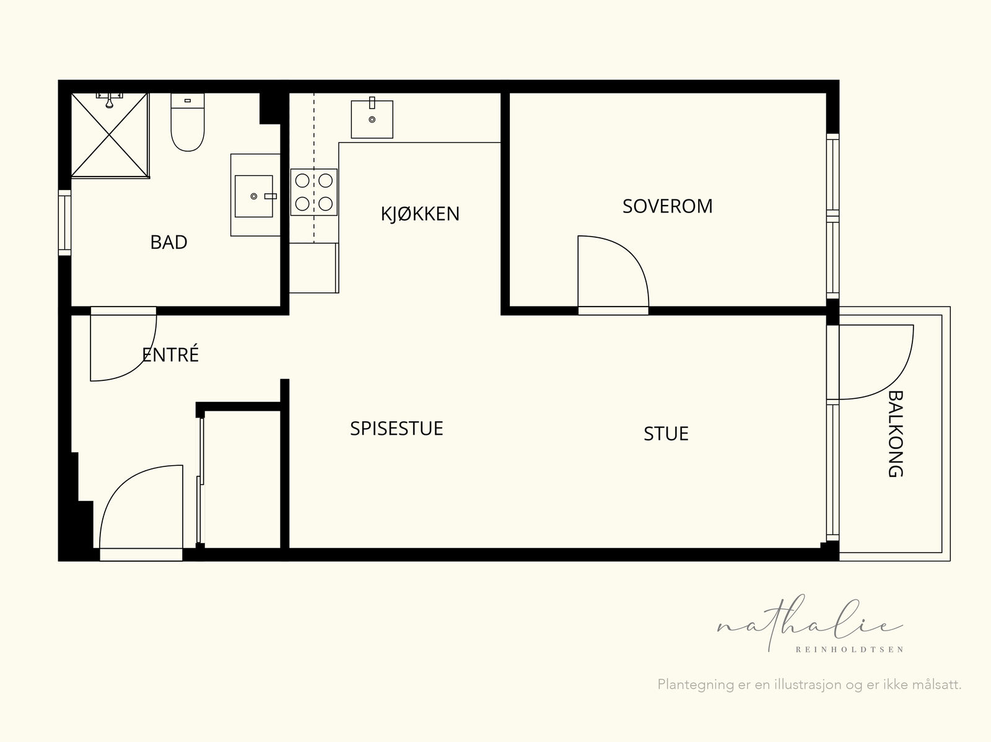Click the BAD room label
coord(168,242)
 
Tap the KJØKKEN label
coord(420,214)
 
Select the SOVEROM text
coord(667,206)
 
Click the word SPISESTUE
coord(396,429)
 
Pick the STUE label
coord(666,434)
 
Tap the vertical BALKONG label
coord(895,434)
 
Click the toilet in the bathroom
coord(188,122)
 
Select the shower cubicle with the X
coord(110,136)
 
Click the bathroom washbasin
coord(254,196)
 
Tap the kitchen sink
coord(372,119)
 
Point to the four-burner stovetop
coord(314,192)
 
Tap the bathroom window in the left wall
coord(64,223)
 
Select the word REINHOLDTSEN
coord(849,650)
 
